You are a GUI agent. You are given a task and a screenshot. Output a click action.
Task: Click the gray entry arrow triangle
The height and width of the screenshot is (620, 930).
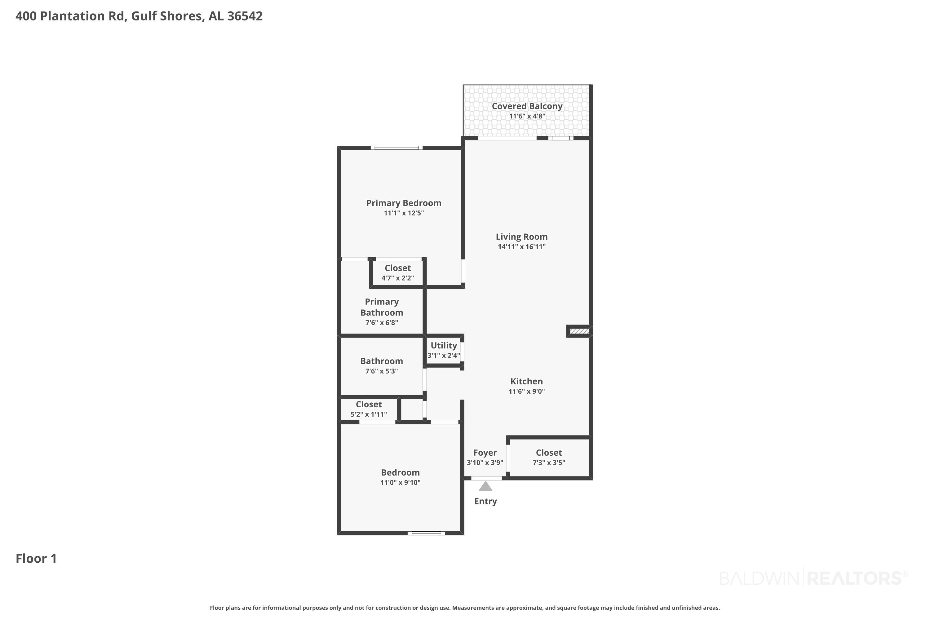click(485, 486)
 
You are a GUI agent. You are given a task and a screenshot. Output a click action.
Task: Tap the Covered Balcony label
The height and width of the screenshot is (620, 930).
click(527, 106)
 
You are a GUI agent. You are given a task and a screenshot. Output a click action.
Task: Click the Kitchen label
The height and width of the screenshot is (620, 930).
click(527, 381)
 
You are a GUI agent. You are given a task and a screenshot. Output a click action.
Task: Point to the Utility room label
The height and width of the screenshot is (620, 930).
click(444, 345)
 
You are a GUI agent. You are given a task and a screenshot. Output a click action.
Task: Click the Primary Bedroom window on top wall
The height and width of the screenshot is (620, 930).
click(396, 148)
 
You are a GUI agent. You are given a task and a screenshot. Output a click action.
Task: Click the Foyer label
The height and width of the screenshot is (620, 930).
click(485, 453)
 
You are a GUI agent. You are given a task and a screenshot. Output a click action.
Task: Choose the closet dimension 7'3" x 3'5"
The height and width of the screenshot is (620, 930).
click(549, 463)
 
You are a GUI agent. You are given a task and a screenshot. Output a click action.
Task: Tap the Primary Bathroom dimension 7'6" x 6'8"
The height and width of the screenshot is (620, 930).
click(382, 323)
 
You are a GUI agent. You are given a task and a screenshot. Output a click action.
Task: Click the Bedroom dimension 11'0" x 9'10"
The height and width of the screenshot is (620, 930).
click(400, 482)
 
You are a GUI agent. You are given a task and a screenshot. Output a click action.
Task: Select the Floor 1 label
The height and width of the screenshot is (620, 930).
click(36, 558)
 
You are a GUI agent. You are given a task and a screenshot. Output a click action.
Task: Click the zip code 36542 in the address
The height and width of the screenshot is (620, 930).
click(245, 16)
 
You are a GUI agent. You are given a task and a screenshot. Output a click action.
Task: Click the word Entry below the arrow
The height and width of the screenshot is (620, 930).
click(485, 501)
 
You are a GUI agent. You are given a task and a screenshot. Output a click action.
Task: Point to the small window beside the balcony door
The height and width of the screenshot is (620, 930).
click(561, 138)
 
